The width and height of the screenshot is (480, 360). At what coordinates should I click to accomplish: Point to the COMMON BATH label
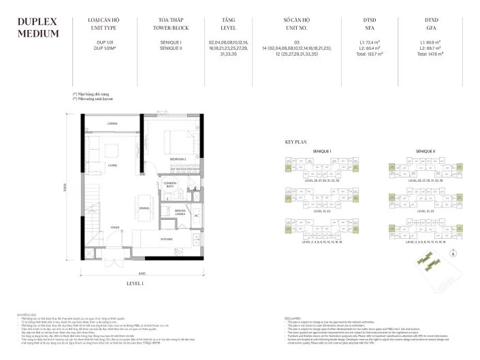pyautogui.click(x=170, y=184)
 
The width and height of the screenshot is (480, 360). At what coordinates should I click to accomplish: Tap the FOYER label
pyautogui.click(x=116, y=228)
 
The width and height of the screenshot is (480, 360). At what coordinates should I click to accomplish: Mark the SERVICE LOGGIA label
pyautogui.click(x=180, y=212)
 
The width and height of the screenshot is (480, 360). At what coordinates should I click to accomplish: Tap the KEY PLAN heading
pyautogui.click(x=296, y=142)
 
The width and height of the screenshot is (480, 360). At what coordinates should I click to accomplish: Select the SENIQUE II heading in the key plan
pyautogui.click(x=415, y=151)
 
